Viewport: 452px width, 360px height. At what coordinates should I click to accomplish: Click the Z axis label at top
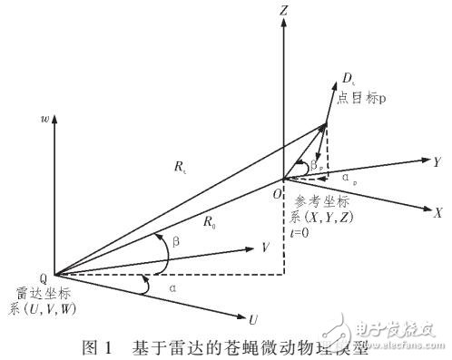[x=285, y=12]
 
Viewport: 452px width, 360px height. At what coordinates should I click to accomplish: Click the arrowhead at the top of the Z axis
[x=284, y=27]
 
